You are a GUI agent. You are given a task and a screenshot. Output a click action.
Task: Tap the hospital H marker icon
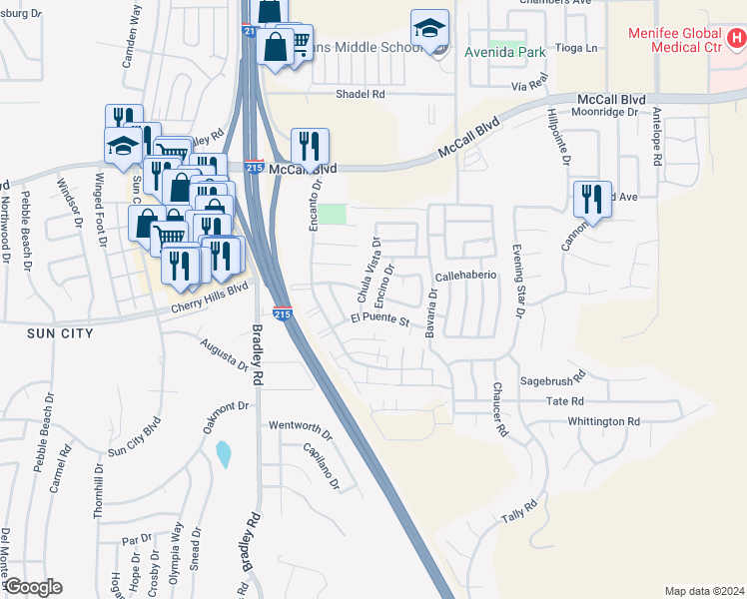(737, 40)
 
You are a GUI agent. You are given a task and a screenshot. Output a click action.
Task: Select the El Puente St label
(379, 320)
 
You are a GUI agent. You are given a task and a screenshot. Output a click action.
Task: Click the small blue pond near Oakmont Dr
(223, 454)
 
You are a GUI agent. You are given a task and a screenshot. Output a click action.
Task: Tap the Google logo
(32, 587)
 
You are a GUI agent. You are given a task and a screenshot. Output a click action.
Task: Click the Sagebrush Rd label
(552, 381)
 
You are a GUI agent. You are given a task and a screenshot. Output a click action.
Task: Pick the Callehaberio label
(466, 276)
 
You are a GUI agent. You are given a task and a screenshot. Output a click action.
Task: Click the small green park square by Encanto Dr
(337, 215)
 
